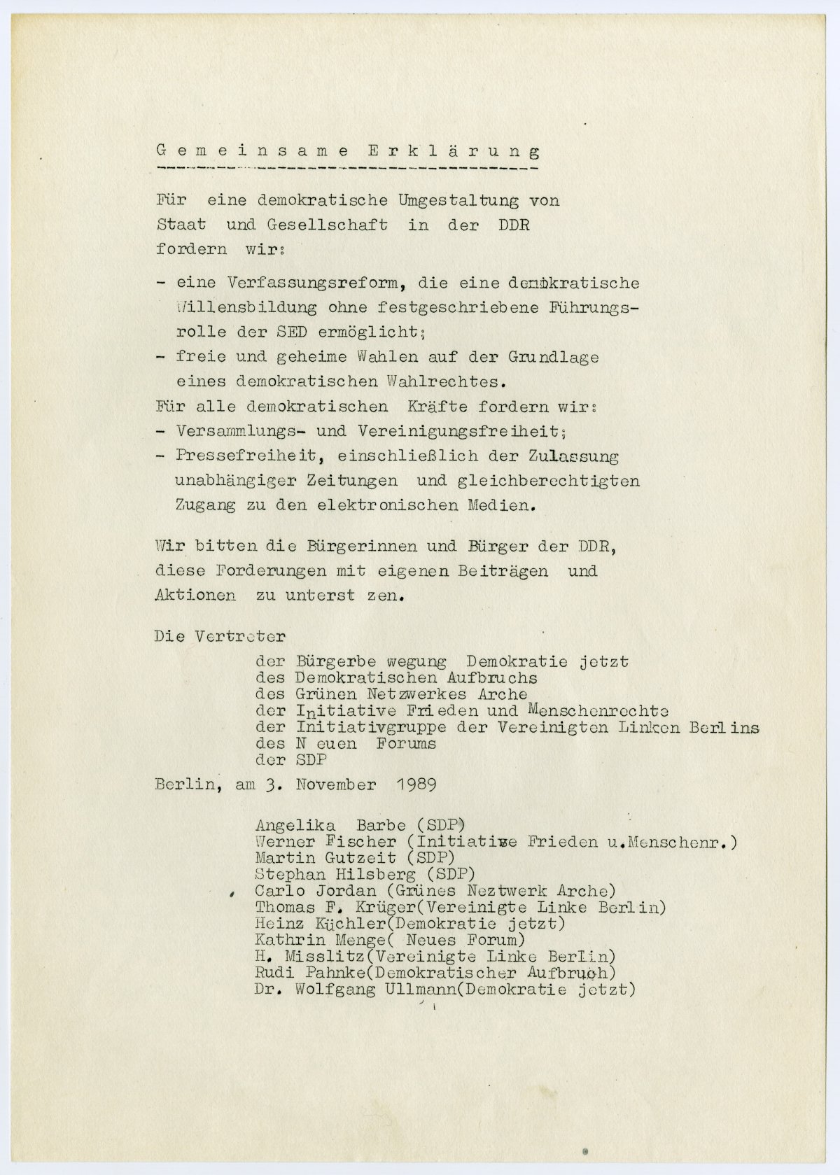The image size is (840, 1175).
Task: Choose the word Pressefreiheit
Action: click(242, 457)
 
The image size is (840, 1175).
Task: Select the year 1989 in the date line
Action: click(416, 784)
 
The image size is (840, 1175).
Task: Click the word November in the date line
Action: click(335, 784)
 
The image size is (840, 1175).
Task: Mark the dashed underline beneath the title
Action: click(348, 169)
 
